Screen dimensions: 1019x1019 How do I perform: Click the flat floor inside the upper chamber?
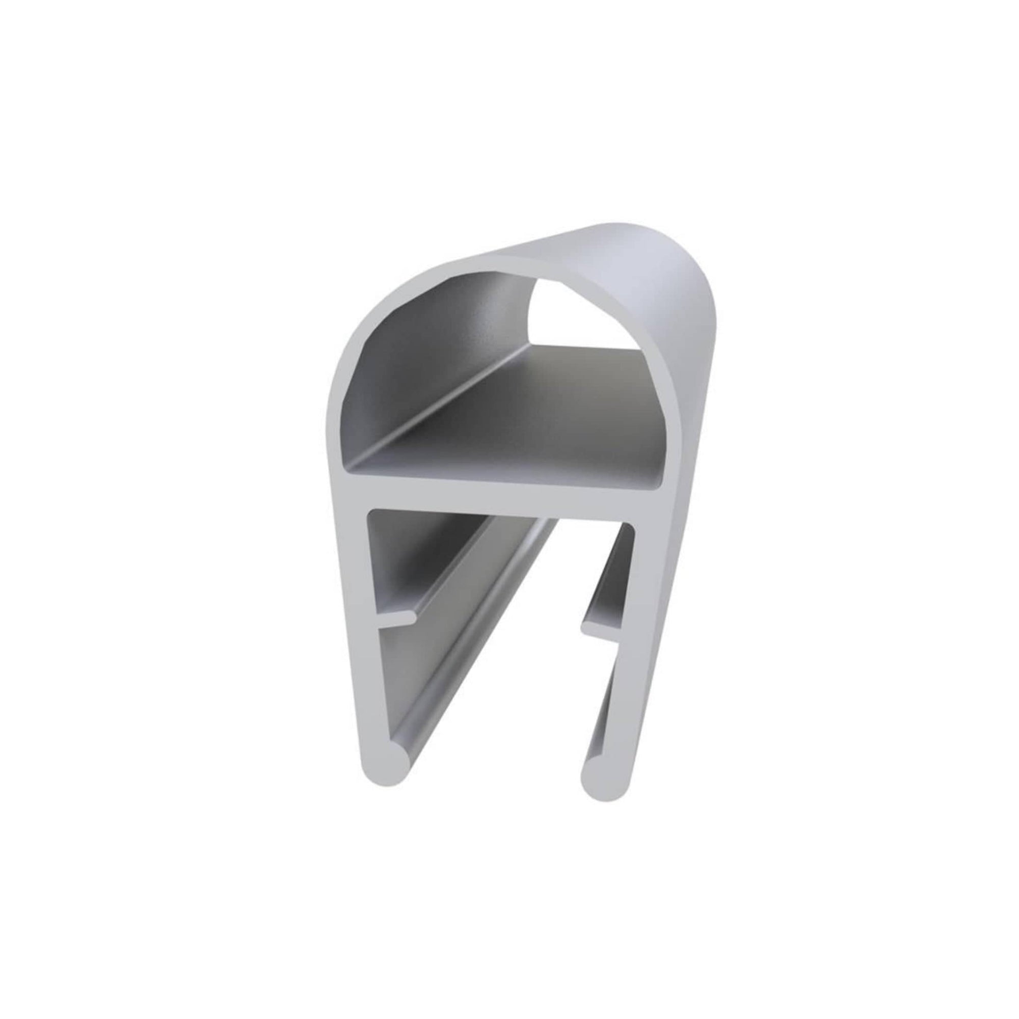click(527, 417)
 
